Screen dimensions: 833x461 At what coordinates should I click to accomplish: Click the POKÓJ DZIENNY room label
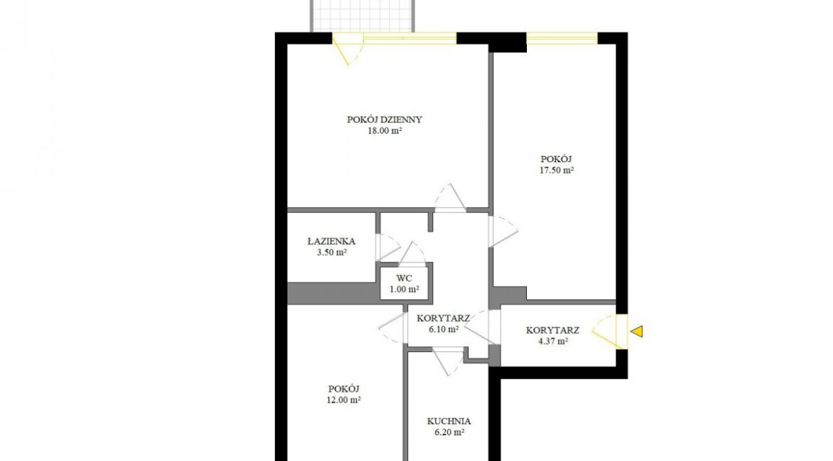pyautogui.click(x=384, y=120)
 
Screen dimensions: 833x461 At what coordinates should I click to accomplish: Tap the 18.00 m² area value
pyautogui.click(x=384, y=131)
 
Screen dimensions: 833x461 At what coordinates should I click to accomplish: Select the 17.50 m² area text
pyautogui.click(x=556, y=171)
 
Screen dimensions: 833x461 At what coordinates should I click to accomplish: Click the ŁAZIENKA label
pyautogui.click(x=332, y=241)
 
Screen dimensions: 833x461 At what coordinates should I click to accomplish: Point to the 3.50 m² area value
pyautogui.click(x=332, y=253)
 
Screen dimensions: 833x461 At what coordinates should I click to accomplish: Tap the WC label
pyautogui.click(x=404, y=278)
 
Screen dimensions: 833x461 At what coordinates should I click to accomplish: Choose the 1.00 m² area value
pyautogui.click(x=404, y=290)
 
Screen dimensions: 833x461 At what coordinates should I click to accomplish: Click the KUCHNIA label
pyautogui.click(x=449, y=421)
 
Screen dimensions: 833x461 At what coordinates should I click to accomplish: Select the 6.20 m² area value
pyautogui.click(x=449, y=433)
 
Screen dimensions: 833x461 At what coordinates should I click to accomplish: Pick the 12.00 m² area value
pyautogui.click(x=344, y=400)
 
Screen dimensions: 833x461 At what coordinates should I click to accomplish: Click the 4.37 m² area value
pyautogui.click(x=552, y=341)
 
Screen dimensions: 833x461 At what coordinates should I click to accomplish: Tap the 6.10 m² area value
pyautogui.click(x=443, y=329)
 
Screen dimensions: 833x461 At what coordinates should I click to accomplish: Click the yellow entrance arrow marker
pyautogui.click(x=636, y=332)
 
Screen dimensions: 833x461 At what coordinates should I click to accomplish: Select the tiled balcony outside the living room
pyautogui.click(x=363, y=16)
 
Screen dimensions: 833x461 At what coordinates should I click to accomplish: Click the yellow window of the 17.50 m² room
pyautogui.click(x=562, y=38)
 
